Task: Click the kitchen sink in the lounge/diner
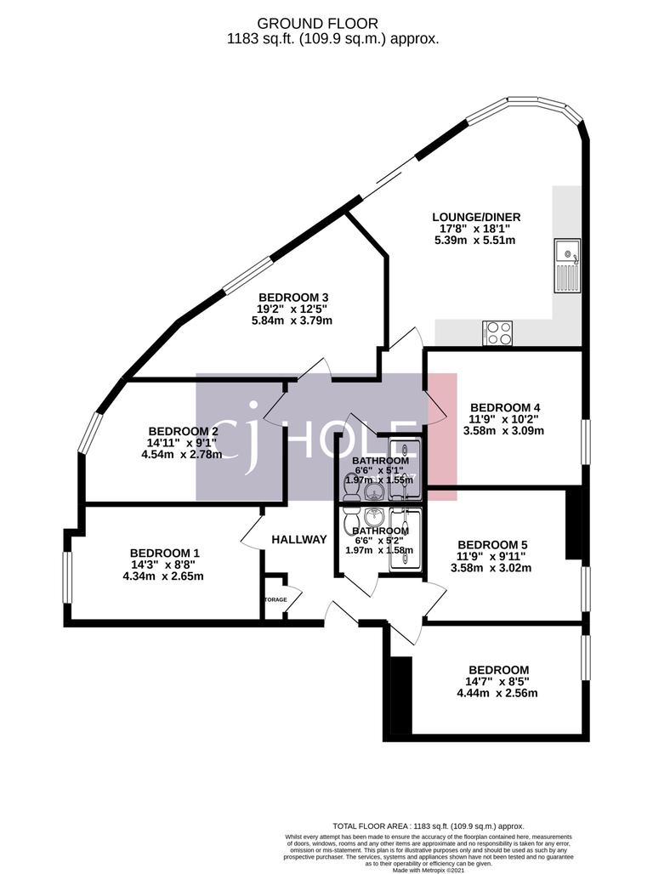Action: click(566, 264)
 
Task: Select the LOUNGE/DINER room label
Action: click(474, 218)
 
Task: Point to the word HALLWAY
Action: click(299, 539)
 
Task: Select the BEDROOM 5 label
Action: click(493, 545)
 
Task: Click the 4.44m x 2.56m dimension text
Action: click(497, 693)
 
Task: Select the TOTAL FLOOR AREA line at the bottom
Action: click(428, 826)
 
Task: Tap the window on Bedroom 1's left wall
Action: click(68, 587)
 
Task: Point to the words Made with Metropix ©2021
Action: click(428, 869)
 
